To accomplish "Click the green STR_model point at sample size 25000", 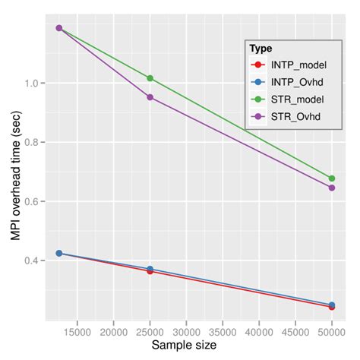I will click(x=150, y=78).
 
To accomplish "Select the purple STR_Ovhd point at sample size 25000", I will click(x=150, y=97).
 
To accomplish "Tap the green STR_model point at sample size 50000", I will click(x=332, y=178).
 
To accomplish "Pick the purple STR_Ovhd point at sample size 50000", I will click(x=332, y=188).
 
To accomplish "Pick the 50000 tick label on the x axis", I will click(x=332, y=330).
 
